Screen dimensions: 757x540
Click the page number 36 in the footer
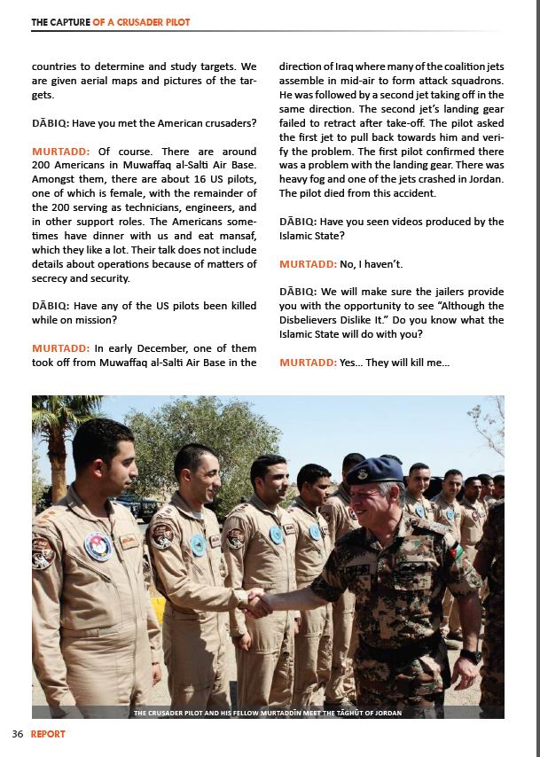tap(18, 734)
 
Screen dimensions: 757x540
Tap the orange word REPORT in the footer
tap(48, 734)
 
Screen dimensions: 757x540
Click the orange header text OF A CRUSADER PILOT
tap(141, 22)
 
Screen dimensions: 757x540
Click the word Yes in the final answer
tap(349, 363)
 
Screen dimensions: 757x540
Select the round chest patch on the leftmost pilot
tap(98, 545)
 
